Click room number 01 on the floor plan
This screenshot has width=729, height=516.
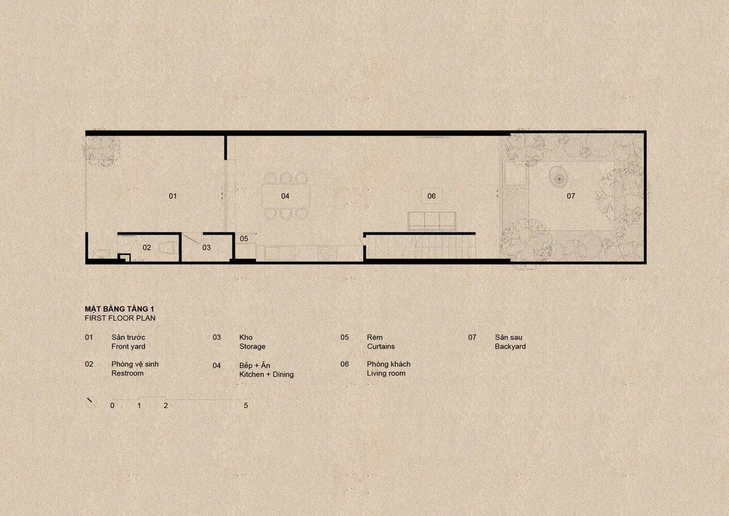tap(173, 196)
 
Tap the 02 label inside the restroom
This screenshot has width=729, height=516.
tap(147, 248)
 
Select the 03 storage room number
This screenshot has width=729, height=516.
tap(206, 248)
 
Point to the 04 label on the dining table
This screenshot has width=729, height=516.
tap(285, 196)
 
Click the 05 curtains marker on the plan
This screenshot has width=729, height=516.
tap(244, 239)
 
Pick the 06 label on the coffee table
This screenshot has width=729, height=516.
tap(432, 196)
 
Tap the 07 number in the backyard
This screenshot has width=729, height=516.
tap(571, 196)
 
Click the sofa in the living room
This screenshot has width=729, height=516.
tap(432, 221)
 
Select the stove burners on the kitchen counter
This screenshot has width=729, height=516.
tap(327, 254)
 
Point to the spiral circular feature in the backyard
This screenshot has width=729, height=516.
tap(558, 178)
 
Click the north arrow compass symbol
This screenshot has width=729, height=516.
tap(90, 402)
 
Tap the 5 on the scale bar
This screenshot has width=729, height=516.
tap(246, 406)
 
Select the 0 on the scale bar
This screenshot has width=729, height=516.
tap(112, 406)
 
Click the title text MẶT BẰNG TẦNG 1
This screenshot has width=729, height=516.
tap(120, 309)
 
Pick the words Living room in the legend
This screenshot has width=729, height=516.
tap(386, 373)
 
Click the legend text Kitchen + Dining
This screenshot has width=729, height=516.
tap(266, 375)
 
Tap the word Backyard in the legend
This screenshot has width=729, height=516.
tap(510, 347)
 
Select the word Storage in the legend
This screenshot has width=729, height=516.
tap(252, 347)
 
